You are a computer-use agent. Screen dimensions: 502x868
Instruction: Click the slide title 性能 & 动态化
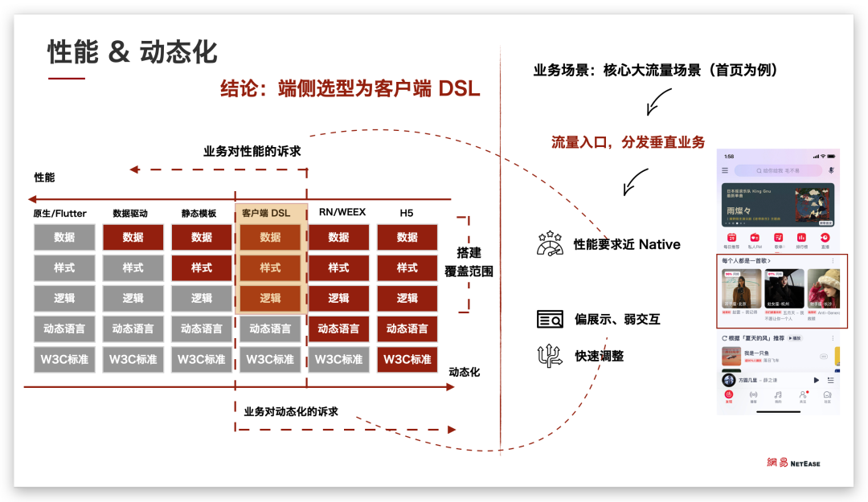[x=132, y=52]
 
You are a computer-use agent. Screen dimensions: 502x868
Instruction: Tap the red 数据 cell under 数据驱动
[x=133, y=237]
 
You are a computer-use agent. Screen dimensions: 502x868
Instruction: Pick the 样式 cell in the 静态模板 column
[x=202, y=267]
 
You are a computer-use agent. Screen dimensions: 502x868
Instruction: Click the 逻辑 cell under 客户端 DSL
[x=270, y=298]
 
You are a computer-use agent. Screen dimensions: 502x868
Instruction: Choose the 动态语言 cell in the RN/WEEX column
[x=338, y=329]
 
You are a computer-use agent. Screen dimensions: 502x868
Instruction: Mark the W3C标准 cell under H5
[x=407, y=359]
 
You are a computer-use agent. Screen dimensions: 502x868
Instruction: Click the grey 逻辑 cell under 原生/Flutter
[x=65, y=298]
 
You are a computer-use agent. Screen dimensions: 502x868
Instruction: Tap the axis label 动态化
[x=465, y=372]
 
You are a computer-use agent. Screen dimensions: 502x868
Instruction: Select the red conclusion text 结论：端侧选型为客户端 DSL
[x=350, y=89]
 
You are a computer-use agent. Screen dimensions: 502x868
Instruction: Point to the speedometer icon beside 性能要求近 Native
[x=550, y=243]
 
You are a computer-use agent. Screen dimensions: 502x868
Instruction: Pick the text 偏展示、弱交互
[x=617, y=320]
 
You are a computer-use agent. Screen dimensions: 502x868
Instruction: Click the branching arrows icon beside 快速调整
[x=550, y=355]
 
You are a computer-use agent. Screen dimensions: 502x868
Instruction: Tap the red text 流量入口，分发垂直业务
[x=628, y=142]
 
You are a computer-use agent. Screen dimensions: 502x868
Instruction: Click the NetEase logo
[x=792, y=463]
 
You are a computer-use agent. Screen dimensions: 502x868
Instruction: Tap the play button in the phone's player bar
[x=816, y=380]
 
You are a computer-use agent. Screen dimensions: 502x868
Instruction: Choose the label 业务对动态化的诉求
[x=291, y=411]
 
